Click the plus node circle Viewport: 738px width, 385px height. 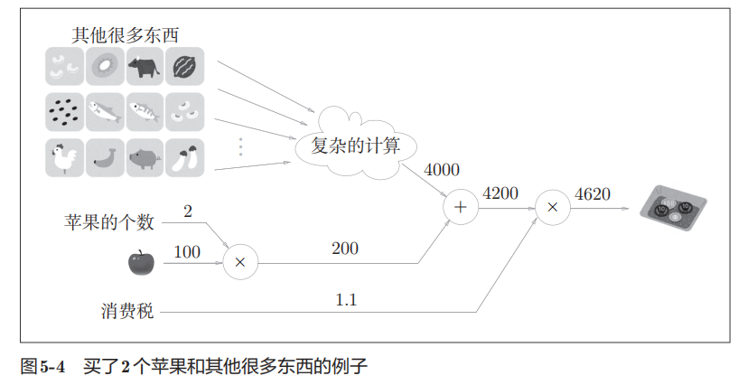tap(461, 208)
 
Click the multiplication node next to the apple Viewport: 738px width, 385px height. tap(239, 262)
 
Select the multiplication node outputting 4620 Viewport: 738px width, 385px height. tap(552, 208)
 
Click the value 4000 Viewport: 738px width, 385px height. tap(442, 170)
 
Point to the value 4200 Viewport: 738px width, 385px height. tap(501, 192)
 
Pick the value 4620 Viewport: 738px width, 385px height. tap(593, 192)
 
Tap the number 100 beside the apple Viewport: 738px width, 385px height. tap(187, 252)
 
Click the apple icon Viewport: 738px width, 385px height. tap(141, 262)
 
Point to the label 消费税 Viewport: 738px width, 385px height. tap(127, 312)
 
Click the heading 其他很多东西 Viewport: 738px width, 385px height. tap(126, 35)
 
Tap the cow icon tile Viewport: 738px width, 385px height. tap(145, 66)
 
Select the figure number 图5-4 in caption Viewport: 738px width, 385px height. tap(43, 367)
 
